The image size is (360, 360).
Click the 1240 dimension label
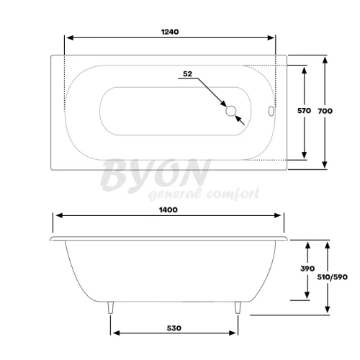point(170,32)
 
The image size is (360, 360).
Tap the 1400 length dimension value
point(168,210)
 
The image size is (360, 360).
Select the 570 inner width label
point(304,111)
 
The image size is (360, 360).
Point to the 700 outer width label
point(325,111)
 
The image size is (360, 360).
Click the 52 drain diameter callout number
point(188,74)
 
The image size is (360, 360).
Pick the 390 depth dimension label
point(307,269)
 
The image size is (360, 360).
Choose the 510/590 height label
point(333,277)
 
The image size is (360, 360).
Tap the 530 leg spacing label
point(174,328)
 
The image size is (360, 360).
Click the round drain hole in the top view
point(231,111)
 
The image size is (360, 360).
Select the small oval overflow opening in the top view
point(271,111)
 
